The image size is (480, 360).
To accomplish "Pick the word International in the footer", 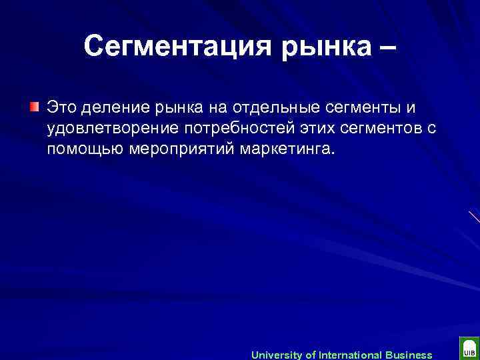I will pyautogui.click(x=350, y=355).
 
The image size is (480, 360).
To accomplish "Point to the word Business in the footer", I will pyautogui.click(x=408, y=355).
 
